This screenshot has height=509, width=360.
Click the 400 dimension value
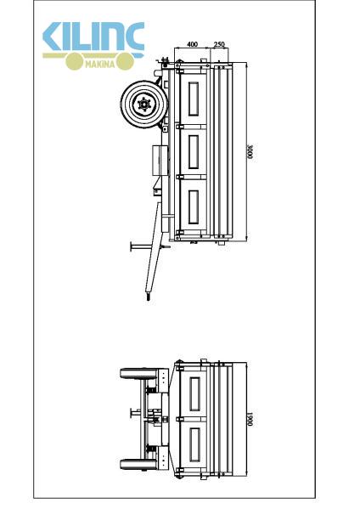click(x=193, y=44)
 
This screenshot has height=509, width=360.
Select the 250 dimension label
click(x=219, y=44)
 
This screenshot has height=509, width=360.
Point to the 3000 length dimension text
click(x=250, y=151)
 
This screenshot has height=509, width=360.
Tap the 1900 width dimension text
click(x=250, y=419)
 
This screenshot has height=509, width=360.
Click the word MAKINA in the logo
click(x=100, y=64)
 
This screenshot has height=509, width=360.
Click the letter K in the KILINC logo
click(x=53, y=36)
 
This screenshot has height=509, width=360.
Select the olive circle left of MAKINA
click(x=74, y=61)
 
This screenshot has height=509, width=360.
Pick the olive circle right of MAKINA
click(x=125, y=61)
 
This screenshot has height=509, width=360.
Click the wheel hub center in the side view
click(x=144, y=105)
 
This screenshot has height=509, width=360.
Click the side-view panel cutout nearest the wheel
click(x=194, y=99)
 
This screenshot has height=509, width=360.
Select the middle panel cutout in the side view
click(x=194, y=152)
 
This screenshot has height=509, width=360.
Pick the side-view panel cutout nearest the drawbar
click(x=194, y=207)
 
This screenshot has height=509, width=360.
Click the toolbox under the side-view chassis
click(x=160, y=161)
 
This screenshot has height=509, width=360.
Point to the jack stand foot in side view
click(x=132, y=246)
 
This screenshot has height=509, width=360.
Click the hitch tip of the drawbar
click(x=149, y=297)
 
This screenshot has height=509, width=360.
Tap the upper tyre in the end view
click(x=135, y=373)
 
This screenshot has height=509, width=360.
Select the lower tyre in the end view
click(x=135, y=464)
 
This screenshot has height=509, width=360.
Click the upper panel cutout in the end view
click(x=194, y=393)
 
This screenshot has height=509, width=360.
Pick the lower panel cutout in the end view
click(x=194, y=444)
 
